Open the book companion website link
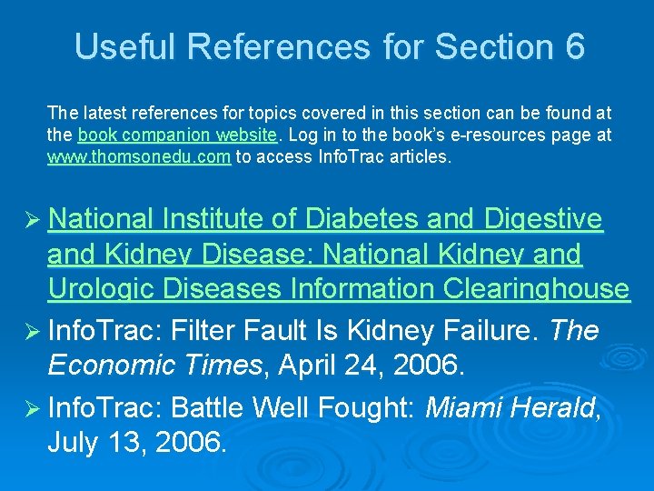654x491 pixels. tap(177, 135)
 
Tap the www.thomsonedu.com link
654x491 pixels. tap(140, 156)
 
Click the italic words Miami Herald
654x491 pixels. tap(509, 406)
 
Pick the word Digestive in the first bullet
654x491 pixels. tap(543, 219)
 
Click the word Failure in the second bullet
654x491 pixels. tap(495, 330)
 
